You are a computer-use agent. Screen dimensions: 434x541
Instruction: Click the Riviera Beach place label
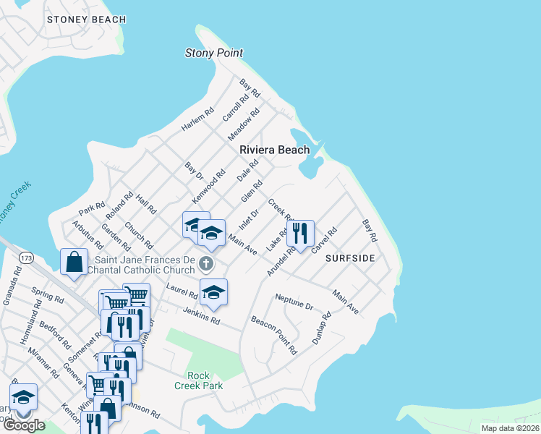[x=275, y=150]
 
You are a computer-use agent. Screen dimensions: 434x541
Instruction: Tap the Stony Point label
[x=214, y=53]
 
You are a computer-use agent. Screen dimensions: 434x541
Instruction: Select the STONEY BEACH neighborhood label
[x=86, y=20]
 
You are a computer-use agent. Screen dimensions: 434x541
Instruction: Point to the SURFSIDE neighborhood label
[x=350, y=258]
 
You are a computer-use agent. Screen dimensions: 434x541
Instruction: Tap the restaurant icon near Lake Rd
[x=300, y=233]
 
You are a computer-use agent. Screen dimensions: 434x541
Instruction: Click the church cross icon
[x=207, y=264]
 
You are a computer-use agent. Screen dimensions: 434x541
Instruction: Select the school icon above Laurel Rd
[x=213, y=292]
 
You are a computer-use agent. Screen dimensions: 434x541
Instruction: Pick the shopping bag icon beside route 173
[x=74, y=262]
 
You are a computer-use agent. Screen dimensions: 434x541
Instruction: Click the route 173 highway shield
[x=27, y=258]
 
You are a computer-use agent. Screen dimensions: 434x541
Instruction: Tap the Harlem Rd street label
[x=197, y=119]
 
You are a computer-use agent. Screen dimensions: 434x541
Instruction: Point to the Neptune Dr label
[x=294, y=302]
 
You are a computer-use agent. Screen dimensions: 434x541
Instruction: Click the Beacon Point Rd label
[x=274, y=334]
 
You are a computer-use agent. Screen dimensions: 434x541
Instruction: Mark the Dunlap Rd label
[x=321, y=328]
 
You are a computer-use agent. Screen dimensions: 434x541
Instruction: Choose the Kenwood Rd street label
[x=209, y=186]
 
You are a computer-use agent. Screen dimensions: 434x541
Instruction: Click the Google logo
[x=24, y=425]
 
